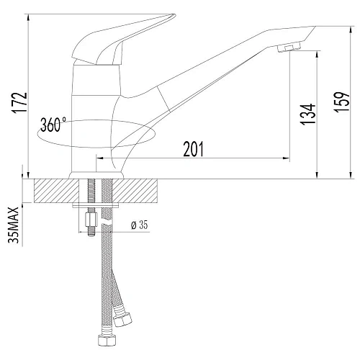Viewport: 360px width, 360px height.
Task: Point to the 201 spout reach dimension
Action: (x=192, y=149)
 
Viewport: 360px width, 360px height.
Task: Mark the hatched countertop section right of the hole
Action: (x=140, y=192)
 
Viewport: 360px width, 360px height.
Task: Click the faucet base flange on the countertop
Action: (x=97, y=175)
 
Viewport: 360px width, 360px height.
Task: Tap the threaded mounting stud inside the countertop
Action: (x=92, y=193)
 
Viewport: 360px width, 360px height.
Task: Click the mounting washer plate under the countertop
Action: (x=98, y=208)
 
